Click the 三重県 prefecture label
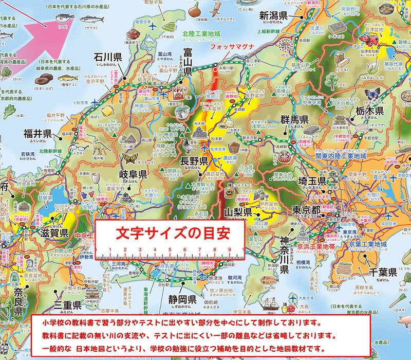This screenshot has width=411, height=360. [68, 304]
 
